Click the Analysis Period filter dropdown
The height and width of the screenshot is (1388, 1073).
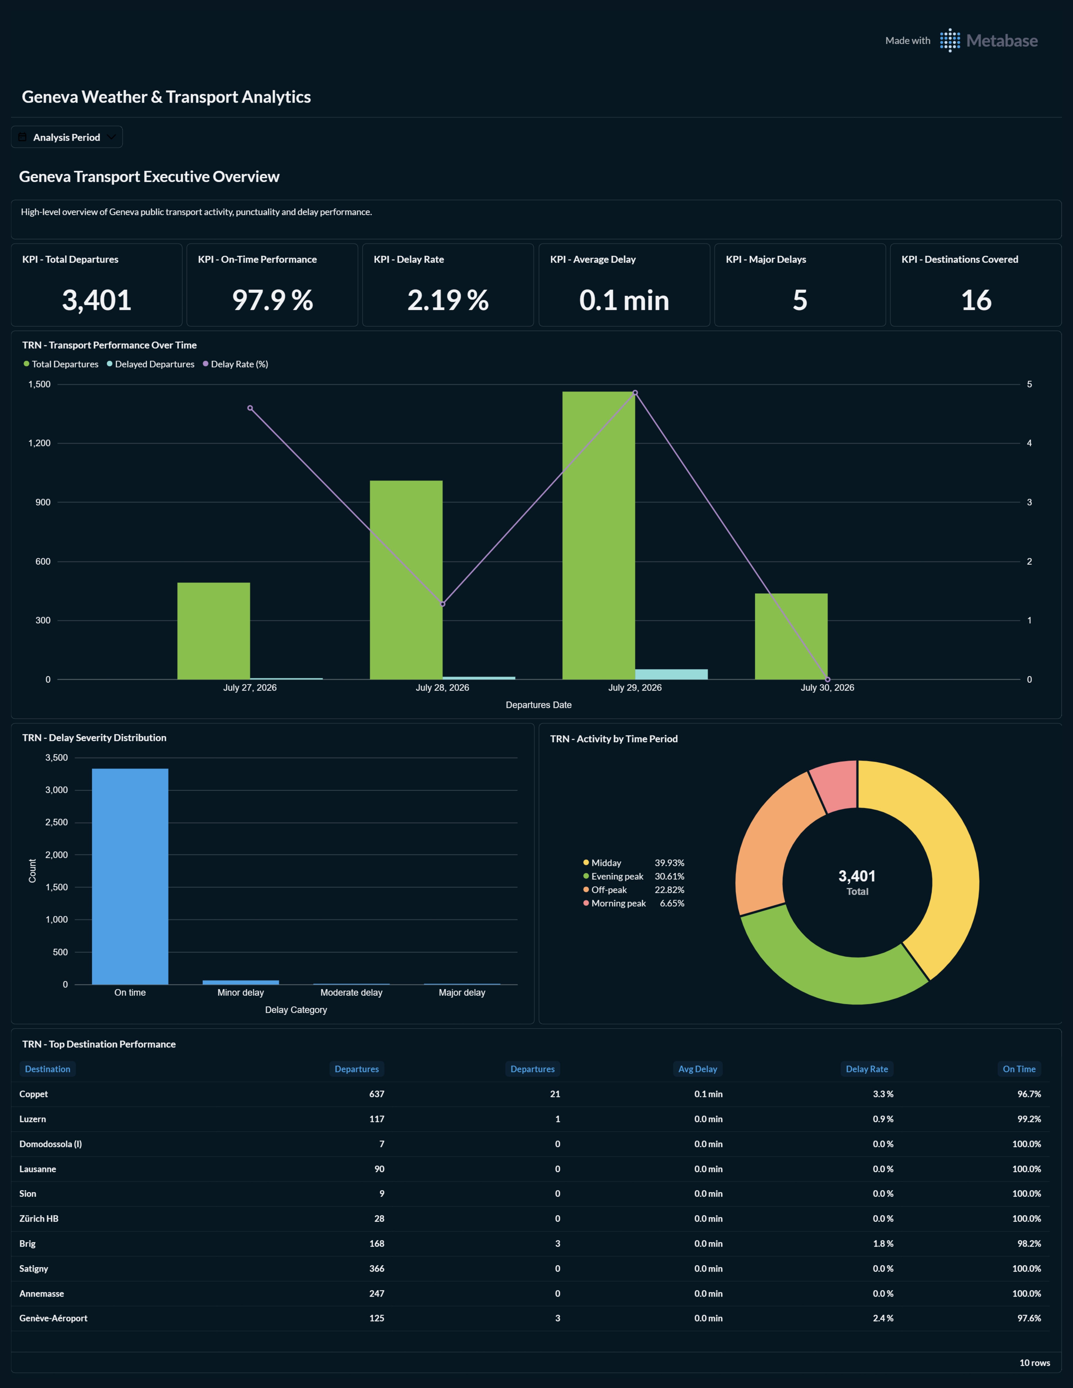click(67, 137)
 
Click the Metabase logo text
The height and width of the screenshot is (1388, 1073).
click(1002, 41)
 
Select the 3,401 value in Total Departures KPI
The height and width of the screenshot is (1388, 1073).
click(97, 300)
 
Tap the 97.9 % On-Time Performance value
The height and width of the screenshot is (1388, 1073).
click(273, 300)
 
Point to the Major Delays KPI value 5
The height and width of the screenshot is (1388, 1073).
click(800, 300)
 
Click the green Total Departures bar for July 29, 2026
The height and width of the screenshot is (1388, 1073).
click(598, 535)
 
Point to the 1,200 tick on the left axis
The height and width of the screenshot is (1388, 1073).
click(39, 443)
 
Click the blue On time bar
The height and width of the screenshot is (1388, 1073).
click(130, 876)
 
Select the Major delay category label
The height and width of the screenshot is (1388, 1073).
click(462, 993)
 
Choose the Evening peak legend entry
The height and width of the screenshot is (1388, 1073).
click(633, 876)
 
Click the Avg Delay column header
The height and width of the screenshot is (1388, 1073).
click(698, 1069)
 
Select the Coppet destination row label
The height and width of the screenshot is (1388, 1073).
click(34, 1094)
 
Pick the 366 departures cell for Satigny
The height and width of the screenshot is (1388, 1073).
click(377, 1269)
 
